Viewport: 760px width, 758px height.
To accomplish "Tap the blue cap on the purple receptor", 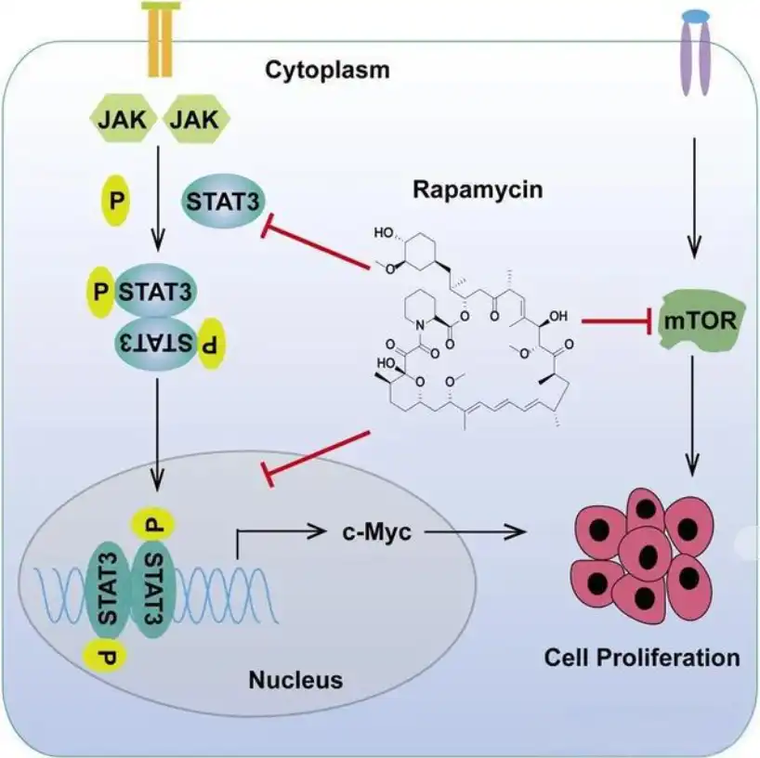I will (694, 17).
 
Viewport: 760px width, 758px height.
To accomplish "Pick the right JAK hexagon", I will (197, 119).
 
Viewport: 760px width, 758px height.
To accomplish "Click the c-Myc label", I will (376, 532).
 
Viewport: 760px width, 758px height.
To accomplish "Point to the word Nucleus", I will (295, 680).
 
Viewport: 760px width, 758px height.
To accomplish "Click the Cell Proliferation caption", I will (641, 658).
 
